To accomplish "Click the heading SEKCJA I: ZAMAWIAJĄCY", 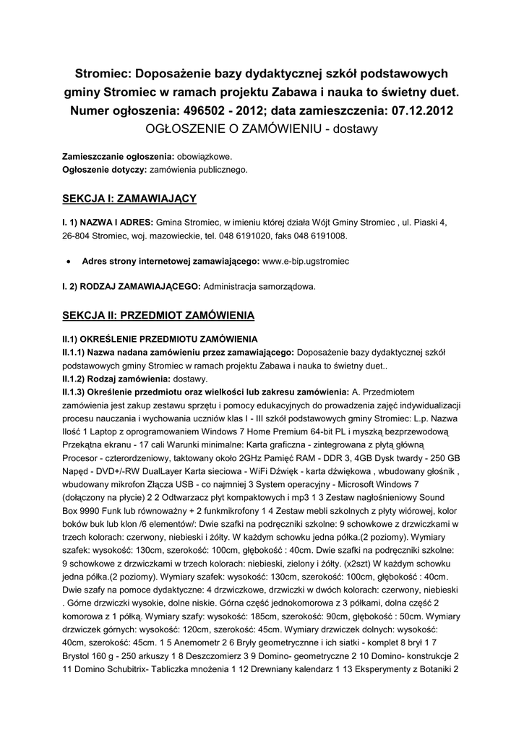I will [x=129, y=197].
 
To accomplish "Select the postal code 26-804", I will [x=77, y=236].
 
